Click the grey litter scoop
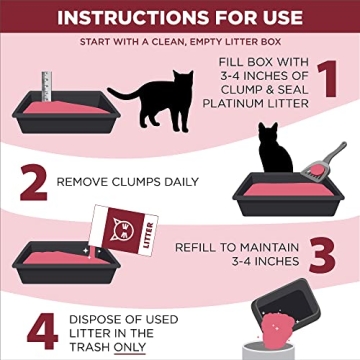click(x=328, y=159)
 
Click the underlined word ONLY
click(x=128, y=347)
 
